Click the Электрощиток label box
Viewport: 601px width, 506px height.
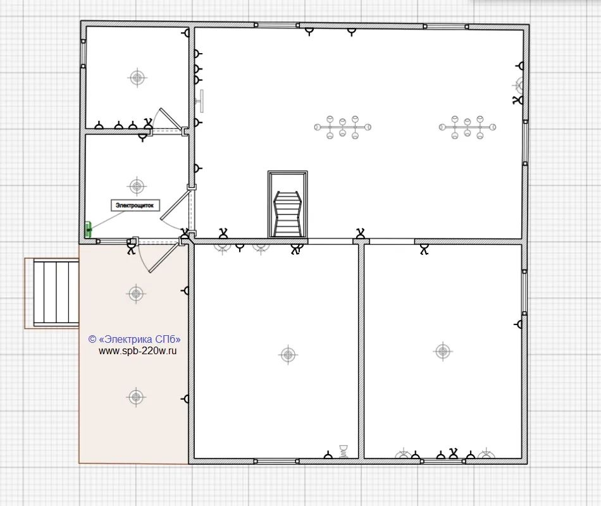click(135, 206)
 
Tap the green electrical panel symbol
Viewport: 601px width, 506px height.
click(88, 229)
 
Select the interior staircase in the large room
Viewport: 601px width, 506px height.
click(287, 204)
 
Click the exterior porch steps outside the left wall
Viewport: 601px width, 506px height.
click(56, 293)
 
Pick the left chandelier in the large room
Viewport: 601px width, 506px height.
click(343, 127)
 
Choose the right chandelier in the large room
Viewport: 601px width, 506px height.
click(468, 127)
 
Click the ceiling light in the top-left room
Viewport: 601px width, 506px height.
click(137, 78)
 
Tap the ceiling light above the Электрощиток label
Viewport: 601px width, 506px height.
click(137, 187)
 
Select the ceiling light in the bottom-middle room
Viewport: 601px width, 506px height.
click(288, 355)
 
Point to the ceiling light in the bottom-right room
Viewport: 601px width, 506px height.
click(443, 351)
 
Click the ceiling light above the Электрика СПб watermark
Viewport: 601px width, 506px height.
click(136, 294)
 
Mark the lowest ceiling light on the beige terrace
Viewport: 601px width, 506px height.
click(136, 397)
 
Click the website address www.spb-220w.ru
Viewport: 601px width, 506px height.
click(138, 351)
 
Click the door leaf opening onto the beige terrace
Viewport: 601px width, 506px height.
click(165, 257)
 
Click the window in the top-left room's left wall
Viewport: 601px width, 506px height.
click(83, 54)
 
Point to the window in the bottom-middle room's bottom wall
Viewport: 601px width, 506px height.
click(276, 461)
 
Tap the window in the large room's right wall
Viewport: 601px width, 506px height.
click(525, 142)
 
